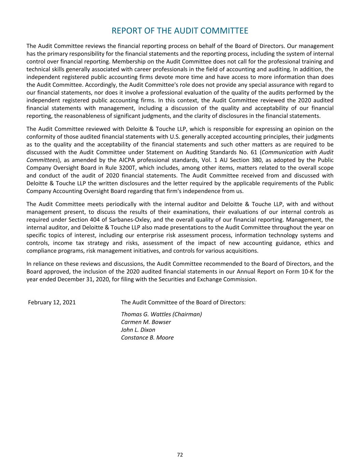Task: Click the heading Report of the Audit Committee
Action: [x=180, y=31]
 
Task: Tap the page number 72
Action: [x=180, y=455]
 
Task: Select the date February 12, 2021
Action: [x=52, y=302]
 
